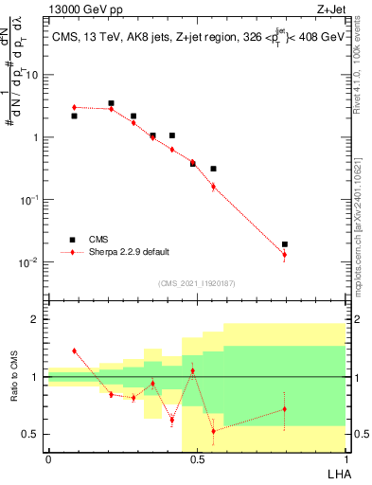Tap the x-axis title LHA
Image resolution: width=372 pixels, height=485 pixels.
click(334, 472)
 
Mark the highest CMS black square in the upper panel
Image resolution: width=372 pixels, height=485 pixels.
click(111, 103)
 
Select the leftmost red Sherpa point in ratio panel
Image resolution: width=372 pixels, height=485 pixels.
click(74, 350)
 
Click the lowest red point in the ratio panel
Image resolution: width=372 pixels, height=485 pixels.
click(213, 431)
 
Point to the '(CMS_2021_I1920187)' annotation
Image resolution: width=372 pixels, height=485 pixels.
click(196, 282)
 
